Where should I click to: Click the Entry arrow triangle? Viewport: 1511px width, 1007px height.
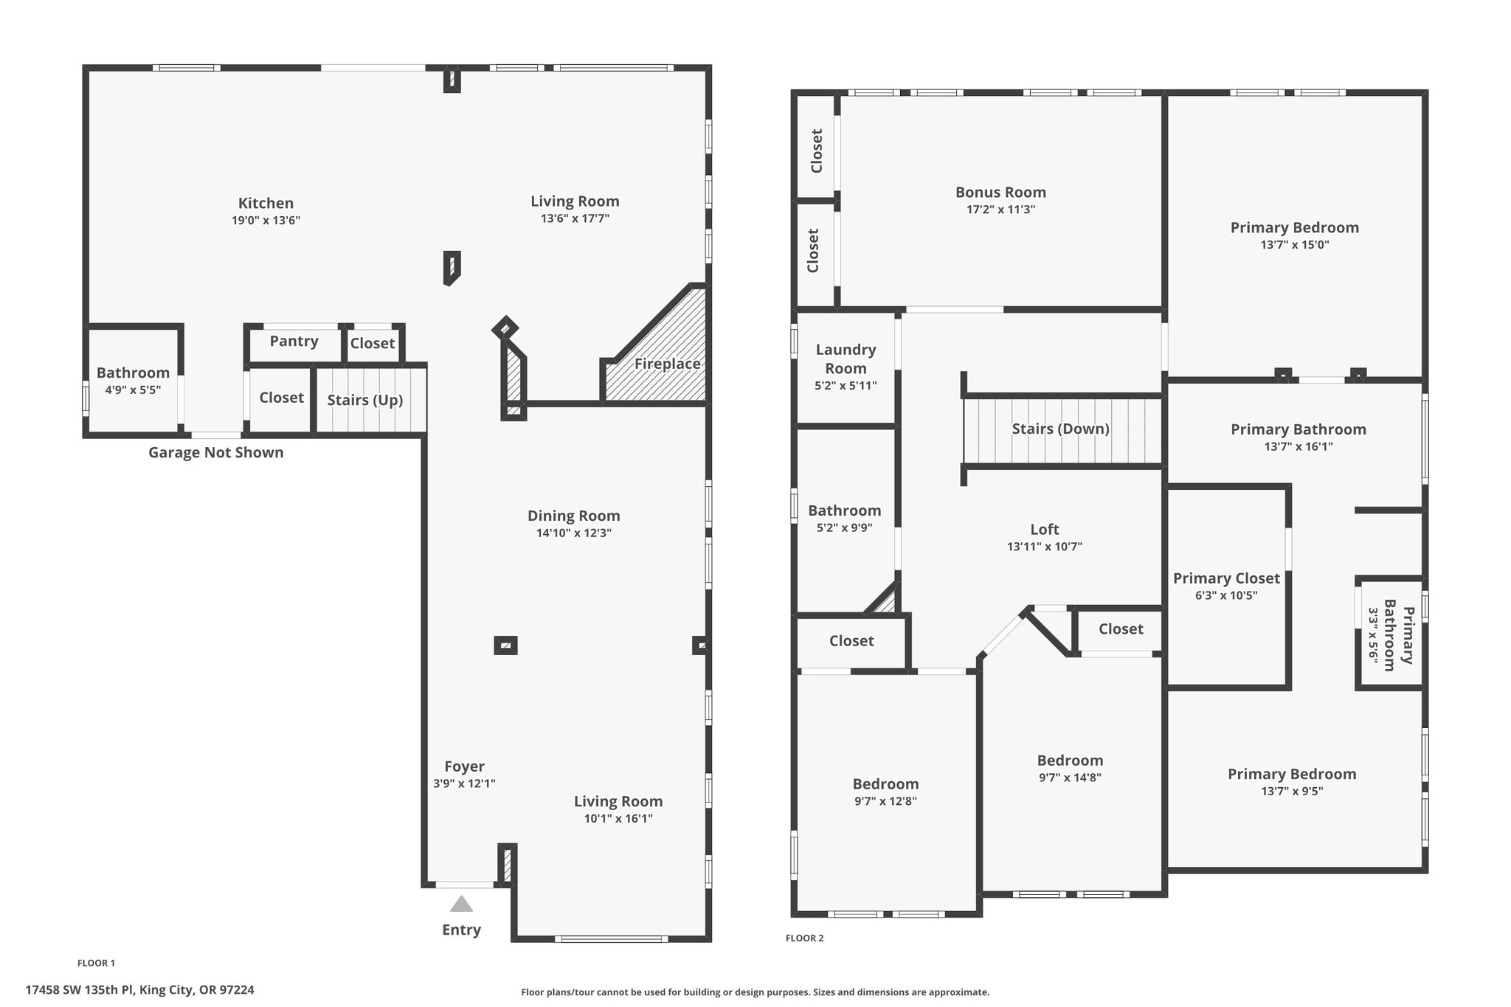(x=462, y=904)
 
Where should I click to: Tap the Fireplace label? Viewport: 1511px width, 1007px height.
(x=668, y=364)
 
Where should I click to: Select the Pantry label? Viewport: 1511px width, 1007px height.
(x=294, y=341)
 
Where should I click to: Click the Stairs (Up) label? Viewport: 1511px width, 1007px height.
(x=365, y=400)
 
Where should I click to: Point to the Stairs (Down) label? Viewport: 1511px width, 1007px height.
(x=1061, y=429)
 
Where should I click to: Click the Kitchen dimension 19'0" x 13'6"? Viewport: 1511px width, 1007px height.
(x=266, y=220)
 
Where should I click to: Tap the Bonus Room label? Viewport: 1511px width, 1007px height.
(x=1000, y=192)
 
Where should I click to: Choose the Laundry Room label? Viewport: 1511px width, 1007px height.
(x=846, y=359)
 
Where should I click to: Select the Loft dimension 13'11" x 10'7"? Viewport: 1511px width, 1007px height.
(x=1045, y=547)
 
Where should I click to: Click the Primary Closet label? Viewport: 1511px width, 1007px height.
(x=1226, y=578)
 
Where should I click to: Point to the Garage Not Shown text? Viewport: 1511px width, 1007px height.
(x=216, y=452)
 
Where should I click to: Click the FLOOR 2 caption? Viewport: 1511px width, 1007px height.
(x=804, y=938)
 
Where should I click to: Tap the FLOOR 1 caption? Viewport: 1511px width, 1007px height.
(x=96, y=963)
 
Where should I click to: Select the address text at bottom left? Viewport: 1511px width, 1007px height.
(x=140, y=990)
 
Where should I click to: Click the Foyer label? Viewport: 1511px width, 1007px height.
(x=464, y=767)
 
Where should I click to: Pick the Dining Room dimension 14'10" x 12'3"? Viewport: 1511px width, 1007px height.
(x=574, y=533)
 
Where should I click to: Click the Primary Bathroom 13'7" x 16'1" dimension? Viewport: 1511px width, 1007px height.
(x=1299, y=446)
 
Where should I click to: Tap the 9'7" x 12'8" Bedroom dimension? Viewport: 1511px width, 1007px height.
(x=885, y=801)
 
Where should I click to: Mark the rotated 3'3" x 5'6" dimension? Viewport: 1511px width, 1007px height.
(x=1373, y=636)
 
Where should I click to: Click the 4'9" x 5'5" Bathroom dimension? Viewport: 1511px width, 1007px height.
(x=133, y=390)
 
